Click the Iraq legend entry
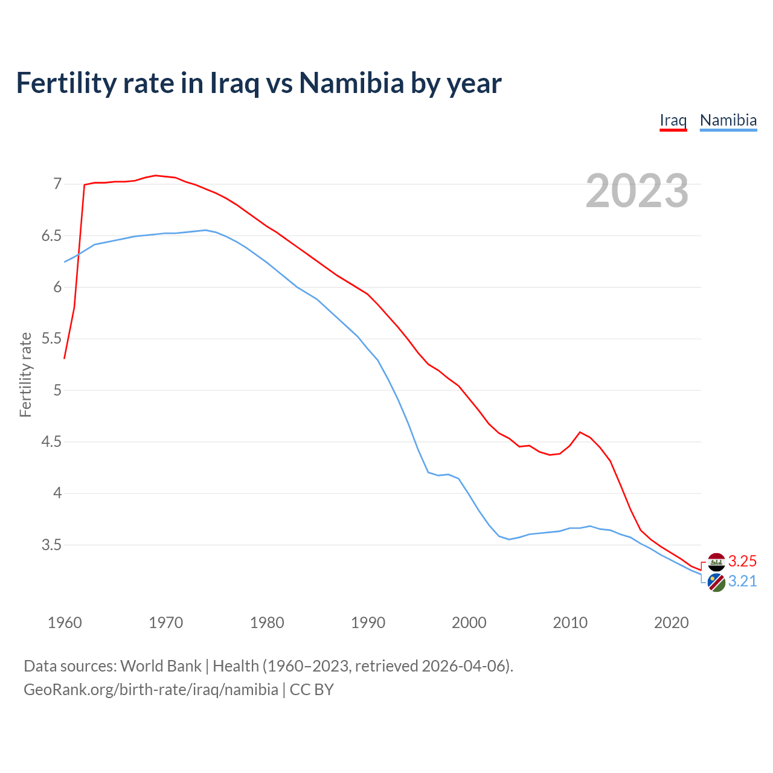pyautogui.click(x=673, y=120)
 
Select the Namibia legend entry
pyautogui.click(x=728, y=120)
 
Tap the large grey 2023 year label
pyautogui.click(x=637, y=191)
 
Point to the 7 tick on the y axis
pyautogui.click(x=57, y=184)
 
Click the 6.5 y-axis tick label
pyautogui.click(x=51, y=236)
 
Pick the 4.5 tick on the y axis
pyautogui.click(x=51, y=442)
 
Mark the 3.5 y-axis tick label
pyautogui.click(x=51, y=545)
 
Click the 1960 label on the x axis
pyautogui.click(x=65, y=623)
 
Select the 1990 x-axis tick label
pyautogui.click(x=368, y=623)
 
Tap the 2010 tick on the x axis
pyautogui.click(x=570, y=623)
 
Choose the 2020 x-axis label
pyautogui.click(x=671, y=623)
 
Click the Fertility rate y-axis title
pyautogui.click(x=25, y=374)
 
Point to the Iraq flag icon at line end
pyautogui.click(x=716, y=562)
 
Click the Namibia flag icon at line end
pyautogui.click(x=716, y=583)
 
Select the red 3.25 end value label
pyautogui.click(x=742, y=561)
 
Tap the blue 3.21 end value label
pyautogui.click(x=742, y=581)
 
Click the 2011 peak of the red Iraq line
pyautogui.click(x=580, y=432)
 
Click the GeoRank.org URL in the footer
pyautogui.click(x=151, y=689)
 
